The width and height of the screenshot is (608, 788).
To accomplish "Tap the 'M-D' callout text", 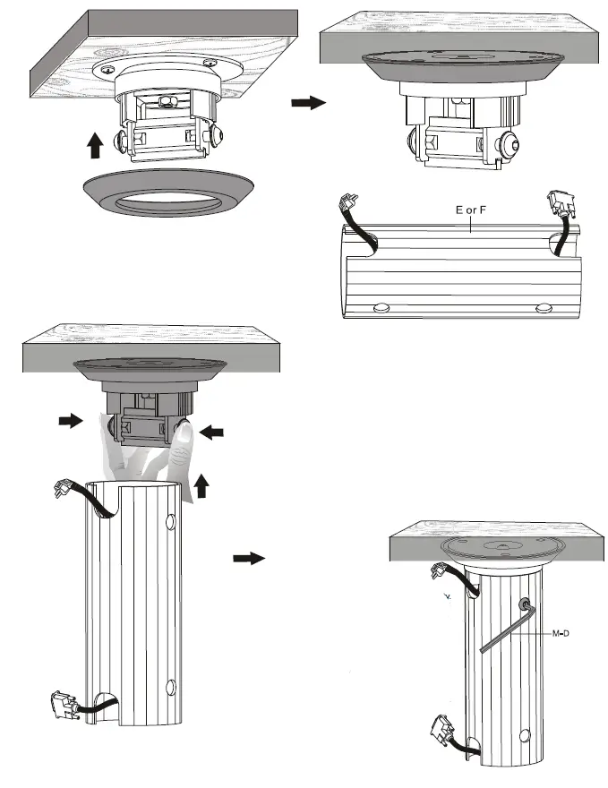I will [561, 634].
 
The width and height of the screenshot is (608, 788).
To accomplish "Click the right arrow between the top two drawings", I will [306, 104].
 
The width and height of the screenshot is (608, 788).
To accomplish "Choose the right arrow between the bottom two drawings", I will [249, 558].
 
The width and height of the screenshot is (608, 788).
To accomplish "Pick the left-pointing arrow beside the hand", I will [212, 433].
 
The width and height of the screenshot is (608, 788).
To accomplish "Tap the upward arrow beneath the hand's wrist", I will [201, 486].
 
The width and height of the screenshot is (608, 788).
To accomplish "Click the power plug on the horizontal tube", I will [346, 210].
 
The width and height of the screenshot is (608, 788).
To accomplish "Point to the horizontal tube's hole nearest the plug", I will [381, 306].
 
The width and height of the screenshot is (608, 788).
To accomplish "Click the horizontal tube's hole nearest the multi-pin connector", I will [543, 307].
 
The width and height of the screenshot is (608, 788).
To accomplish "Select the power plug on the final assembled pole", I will [441, 570].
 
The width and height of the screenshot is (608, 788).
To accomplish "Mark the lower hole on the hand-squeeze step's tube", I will [170, 689].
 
